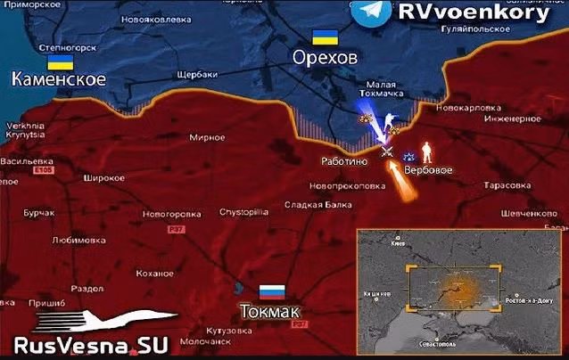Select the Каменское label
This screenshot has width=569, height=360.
pyautogui.click(x=59, y=79)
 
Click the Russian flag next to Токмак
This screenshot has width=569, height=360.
pyautogui.click(x=271, y=291)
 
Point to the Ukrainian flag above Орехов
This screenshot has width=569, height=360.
pyautogui.click(x=322, y=37)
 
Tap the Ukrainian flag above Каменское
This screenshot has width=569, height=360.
pyautogui.click(x=60, y=61)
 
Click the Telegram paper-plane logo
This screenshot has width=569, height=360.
pyautogui.click(x=370, y=12)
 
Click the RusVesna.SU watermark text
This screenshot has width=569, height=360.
pyautogui.click(x=86, y=346)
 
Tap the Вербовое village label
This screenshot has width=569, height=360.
pyautogui.click(x=428, y=169)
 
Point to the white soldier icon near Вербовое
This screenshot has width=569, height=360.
pyautogui.click(x=426, y=149)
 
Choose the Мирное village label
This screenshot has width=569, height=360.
pyautogui.click(x=207, y=138)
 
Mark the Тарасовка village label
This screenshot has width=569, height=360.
pyautogui.click(x=507, y=185)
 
